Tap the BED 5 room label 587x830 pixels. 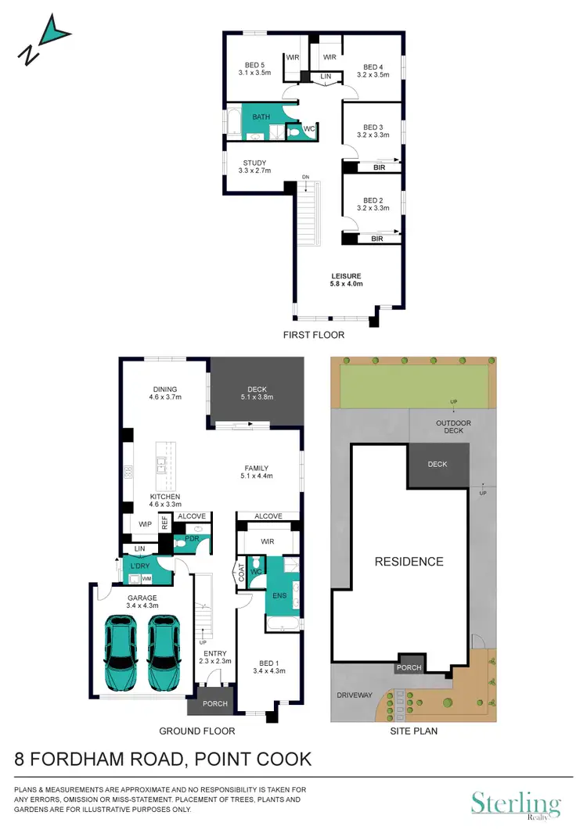[x=254, y=69]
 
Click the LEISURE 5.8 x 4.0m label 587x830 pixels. [x=346, y=280]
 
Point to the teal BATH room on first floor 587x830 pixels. [x=261, y=117]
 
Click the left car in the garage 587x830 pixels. [x=121, y=652]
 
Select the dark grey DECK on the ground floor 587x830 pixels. [x=257, y=391]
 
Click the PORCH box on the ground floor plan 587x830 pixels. [x=214, y=703]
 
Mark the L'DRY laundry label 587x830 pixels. [x=140, y=566]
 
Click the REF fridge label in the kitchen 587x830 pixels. [x=165, y=523]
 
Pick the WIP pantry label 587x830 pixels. [x=144, y=524]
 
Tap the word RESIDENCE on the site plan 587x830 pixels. [x=408, y=561]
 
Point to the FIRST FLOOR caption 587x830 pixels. [x=314, y=334]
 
